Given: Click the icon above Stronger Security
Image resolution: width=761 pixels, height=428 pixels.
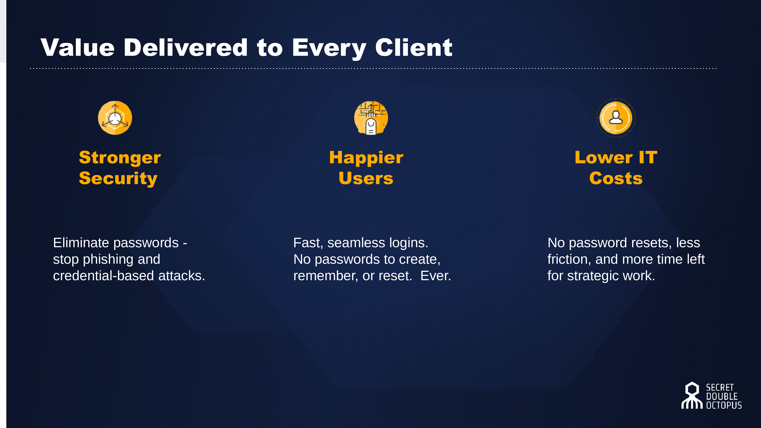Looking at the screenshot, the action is pyautogui.click(x=115, y=118).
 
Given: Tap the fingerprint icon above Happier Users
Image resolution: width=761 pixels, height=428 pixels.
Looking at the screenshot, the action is pyautogui.click(x=371, y=118).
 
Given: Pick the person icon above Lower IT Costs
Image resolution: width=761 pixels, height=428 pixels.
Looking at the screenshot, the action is pyautogui.click(x=616, y=118).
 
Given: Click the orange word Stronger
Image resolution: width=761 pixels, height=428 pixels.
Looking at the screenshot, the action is pyautogui.click(x=120, y=158).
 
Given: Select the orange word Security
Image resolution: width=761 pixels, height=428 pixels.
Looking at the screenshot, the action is pyautogui.click(x=118, y=179).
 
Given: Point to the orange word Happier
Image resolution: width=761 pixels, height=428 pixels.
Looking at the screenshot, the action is pyautogui.click(x=366, y=158).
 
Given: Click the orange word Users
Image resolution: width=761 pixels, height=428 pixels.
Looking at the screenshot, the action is pyautogui.click(x=366, y=179).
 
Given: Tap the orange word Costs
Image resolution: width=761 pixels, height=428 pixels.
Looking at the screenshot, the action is pyautogui.click(x=616, y=179).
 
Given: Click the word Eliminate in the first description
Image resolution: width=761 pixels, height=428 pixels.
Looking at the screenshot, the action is pyautogui.click(x=81, y=243).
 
